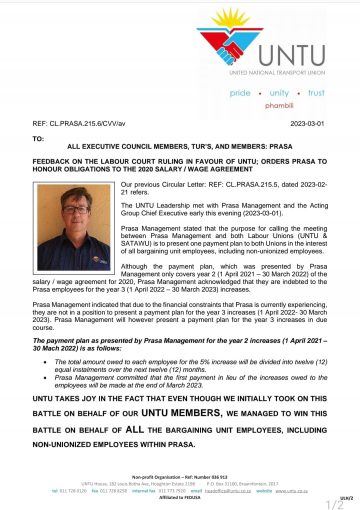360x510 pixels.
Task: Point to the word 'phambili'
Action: click(x=289, y=104)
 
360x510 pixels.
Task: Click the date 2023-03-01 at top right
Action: click(x=316, y=122)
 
